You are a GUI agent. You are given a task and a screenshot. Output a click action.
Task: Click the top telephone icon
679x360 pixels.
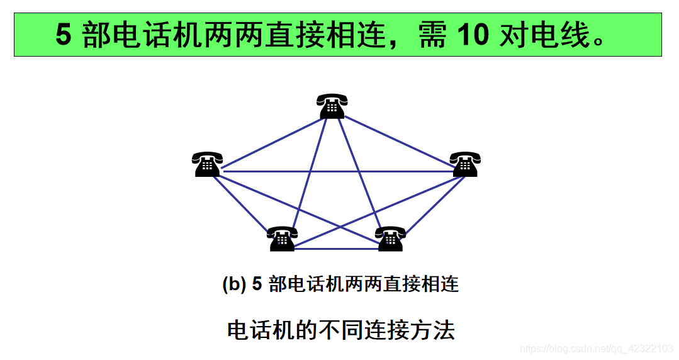point(332,106)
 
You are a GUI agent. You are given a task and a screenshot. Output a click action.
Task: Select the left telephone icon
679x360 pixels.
point(207,164)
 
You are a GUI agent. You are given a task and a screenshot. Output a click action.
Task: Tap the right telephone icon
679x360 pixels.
point(465,164)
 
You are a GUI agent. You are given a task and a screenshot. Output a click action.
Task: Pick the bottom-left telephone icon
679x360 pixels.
point(281,239)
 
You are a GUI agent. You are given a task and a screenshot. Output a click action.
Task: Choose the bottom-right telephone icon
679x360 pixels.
point(390,239)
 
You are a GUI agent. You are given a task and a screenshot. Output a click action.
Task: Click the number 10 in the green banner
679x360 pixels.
point(473,35)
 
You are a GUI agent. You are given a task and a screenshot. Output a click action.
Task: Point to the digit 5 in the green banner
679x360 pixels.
point(64,35)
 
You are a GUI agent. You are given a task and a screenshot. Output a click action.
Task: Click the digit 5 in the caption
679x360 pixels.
point(256,284)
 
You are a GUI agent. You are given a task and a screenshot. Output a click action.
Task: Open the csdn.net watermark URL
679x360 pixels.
point(597,348)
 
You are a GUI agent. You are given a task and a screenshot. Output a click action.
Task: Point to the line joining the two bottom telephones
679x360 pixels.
point(336,249)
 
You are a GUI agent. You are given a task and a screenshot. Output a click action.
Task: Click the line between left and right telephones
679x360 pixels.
point(337,171)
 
